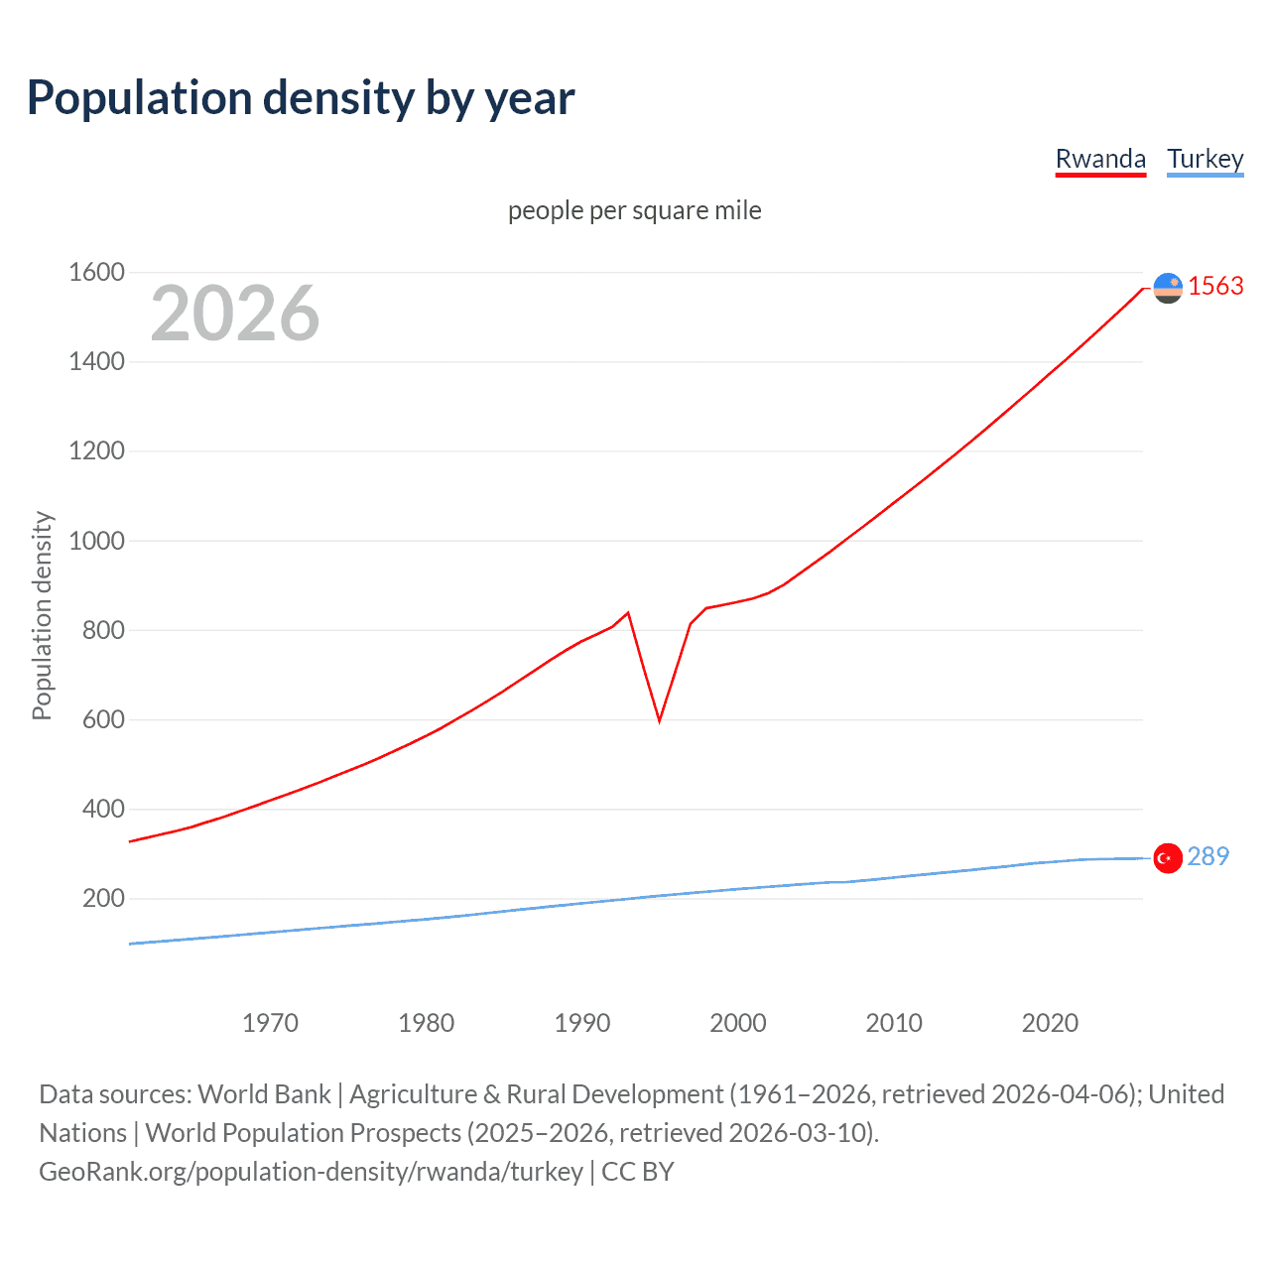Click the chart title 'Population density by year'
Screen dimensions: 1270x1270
[301, 98]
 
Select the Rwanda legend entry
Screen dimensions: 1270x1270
[1100, 159]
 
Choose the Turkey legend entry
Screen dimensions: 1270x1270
[1205, 159]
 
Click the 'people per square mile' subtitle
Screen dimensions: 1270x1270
[634, 210]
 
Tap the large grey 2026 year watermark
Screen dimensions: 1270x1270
[235, 314]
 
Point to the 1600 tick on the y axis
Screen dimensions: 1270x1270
[96, 272]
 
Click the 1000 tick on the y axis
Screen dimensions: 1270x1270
[96, 541]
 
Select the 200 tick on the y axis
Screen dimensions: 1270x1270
[103, 899]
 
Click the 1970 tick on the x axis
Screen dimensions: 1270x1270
[270, 1023]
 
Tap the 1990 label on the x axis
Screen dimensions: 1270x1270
[582, 1023]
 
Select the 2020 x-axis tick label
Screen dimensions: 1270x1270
[1050, 1023]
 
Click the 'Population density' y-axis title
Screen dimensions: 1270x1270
[42, 615]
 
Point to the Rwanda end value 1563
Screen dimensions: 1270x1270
[1215, 286]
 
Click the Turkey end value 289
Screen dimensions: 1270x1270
[1207, 856]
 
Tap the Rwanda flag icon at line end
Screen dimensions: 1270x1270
[1168, 288]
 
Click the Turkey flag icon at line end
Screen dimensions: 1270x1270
[1168, 858]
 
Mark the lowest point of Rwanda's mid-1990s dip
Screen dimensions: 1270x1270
[659, 720]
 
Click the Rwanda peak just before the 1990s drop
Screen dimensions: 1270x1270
[628, 613]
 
